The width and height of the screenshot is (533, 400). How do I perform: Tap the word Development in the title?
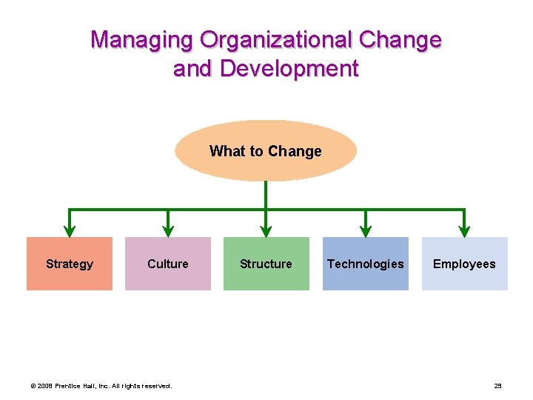[x=289, y=69]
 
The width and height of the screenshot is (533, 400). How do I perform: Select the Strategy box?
[x=70, y=264]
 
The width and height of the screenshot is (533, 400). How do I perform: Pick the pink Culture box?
[x=168, y=264]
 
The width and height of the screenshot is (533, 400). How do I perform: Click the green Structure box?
[x=266, y=264]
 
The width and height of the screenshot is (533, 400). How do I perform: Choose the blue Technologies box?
[x=366, y=264]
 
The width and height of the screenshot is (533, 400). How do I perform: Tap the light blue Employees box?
[x=464, y=264]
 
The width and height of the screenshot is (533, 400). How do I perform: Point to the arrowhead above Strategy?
[x=70, y=230]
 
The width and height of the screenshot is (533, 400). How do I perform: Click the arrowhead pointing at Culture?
[x=168, y=230]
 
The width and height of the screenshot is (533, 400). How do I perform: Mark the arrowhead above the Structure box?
[x=266, y=230]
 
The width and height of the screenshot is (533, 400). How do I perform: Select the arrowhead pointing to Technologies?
[x=365, y=230]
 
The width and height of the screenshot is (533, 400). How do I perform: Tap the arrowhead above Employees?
[x=464, y=230]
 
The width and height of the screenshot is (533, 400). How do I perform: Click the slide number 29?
[x=497, y=386]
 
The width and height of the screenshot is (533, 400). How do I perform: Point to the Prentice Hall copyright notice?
[x=101, y=386]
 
